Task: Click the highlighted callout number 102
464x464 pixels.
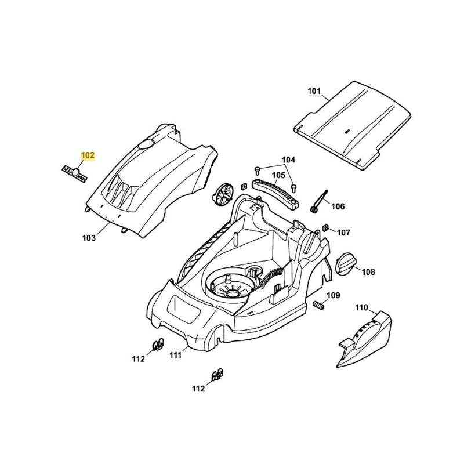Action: pyautogui.click(x=88, y=155)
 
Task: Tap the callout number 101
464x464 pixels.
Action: pyautogui.click(x=314, y=90)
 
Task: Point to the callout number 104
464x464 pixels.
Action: pyautogui.click(x=288, y=159)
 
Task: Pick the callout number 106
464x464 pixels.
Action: pyautogui.click(x=338, y=206)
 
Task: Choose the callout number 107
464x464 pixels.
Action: pyautogui.click(x=344, y=233)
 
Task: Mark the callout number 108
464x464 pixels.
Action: pyautogui.click(x=369, y=271)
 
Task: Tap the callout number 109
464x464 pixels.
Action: pyautogui.click(x=332, y=296)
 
